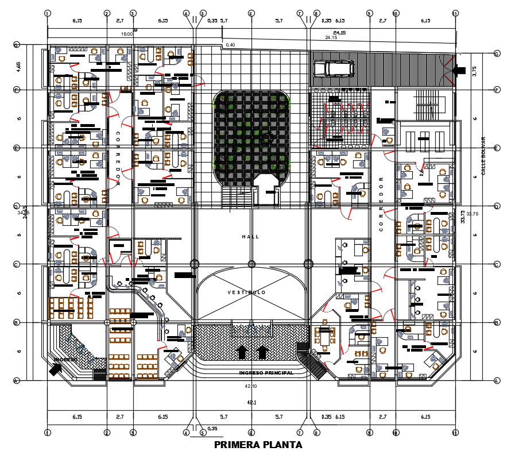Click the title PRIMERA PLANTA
tap(258, 445)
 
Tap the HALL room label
tap(250, 237)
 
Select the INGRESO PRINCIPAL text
tap(266, 373)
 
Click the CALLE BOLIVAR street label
tap(483, 156)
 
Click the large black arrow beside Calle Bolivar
tap(459, 70)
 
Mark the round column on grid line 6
tap(251, 264)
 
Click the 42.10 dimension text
tap(251, 386)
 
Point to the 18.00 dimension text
tap(126, 34)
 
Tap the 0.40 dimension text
tap(231, 45)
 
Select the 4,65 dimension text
tap(19, 67)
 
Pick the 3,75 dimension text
tap(474, 71)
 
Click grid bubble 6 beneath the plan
tap(251, 433)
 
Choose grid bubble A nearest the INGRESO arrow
tap(17, 380)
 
